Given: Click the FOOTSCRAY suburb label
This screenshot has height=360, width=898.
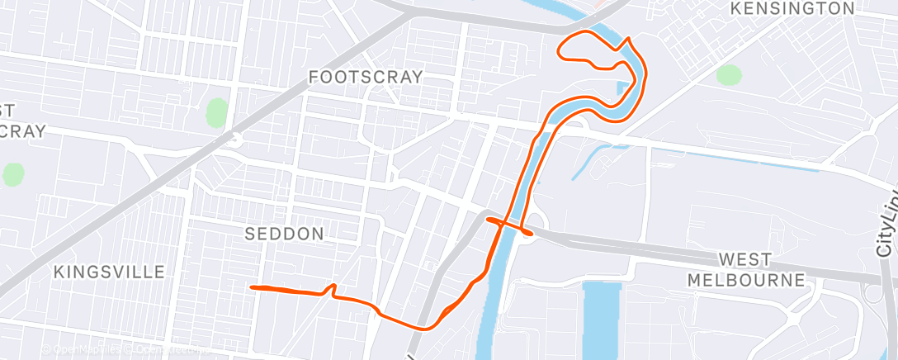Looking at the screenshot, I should (x=365, y=77).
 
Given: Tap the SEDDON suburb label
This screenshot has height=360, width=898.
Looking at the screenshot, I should (x=284, y=234).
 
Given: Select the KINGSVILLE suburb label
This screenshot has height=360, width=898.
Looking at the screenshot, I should (x=109, y=272).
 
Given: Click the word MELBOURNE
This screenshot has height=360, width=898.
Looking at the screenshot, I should (x=746, y=280).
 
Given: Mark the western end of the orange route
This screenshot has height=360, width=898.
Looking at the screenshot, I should (x=252, y=287).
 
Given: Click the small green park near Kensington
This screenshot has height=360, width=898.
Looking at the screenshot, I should (x=729, y=75).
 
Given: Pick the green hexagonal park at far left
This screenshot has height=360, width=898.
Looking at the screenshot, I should (x=13, y=175).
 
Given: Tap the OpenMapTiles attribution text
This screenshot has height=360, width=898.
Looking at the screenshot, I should (x=83, y=350).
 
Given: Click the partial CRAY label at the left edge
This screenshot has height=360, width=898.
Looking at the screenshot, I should (x=17, y=130).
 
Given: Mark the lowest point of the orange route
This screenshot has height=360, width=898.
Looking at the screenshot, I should (x=427, y=329).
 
